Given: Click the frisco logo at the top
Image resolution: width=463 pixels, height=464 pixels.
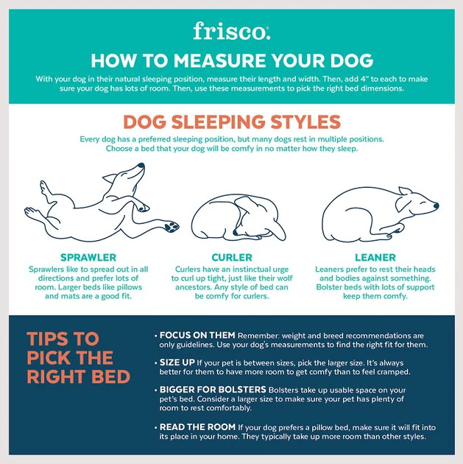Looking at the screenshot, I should pos(231,31).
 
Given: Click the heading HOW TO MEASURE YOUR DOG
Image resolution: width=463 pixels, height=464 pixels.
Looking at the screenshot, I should pos(231,60).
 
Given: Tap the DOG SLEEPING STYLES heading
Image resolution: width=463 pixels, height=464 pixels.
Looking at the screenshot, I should pos(231,122).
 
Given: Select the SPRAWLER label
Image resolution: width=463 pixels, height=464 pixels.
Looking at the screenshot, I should pos(88,258).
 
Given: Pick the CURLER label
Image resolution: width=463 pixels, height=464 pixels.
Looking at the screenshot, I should pos(232,258).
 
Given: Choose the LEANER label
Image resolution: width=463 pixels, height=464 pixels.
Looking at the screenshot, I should pos(375,258).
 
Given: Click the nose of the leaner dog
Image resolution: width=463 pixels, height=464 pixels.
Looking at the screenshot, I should pos(436,205).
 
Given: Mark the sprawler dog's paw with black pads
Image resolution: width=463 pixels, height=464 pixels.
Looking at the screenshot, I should pos(172,225).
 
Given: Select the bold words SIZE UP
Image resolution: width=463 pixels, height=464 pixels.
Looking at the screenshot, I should pos(177,362).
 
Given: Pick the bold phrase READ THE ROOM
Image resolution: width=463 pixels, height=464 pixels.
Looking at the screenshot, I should pos(197,426).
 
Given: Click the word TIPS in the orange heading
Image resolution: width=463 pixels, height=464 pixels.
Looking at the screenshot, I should pos(52,339).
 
